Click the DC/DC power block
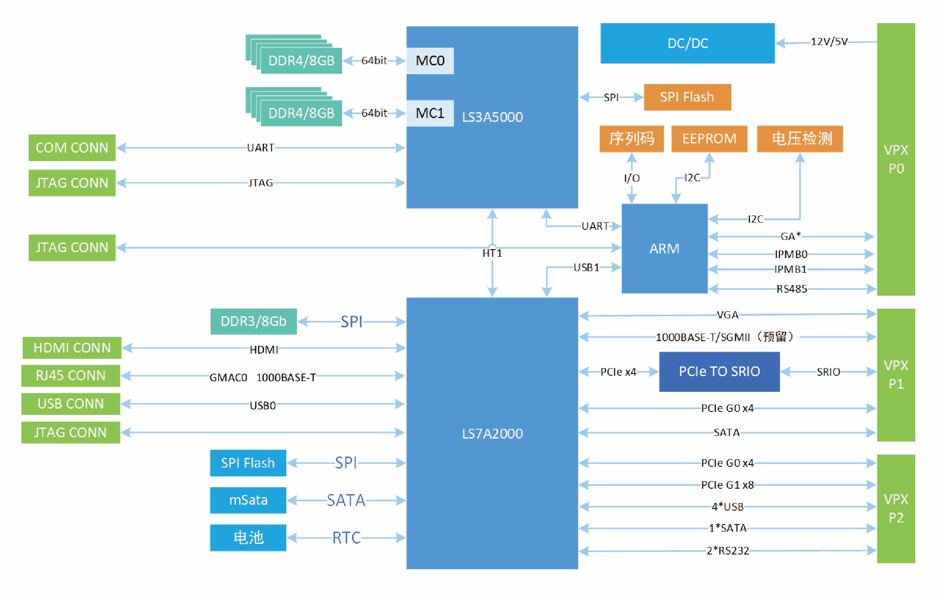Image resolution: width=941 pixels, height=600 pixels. click(687, 43)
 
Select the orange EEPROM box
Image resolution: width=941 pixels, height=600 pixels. click(709, 139)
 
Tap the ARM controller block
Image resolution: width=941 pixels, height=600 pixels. click(664, 248)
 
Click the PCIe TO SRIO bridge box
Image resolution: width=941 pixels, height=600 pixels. click(719, 371)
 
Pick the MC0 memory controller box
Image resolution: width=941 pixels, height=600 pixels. click(430, 61)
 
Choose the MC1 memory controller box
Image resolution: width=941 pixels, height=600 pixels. click(430, 113)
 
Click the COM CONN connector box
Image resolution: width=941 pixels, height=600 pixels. click(72, 148)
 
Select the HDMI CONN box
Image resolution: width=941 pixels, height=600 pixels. click(72, 348)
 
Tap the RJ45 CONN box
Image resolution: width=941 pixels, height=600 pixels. click(71, 376)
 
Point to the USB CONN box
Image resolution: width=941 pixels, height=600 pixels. click(71, 404)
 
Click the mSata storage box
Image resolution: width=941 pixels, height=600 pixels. click(248, 500)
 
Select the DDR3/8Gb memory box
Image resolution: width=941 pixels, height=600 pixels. click(254, 321)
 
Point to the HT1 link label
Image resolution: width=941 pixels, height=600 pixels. click(492, 253)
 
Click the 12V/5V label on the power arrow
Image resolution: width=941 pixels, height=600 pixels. click(829, 41)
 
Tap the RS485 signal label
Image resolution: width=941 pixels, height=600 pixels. click(791, 289)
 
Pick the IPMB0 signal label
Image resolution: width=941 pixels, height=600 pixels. click(791, 254)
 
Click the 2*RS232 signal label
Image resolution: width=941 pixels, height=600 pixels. click(727, 551)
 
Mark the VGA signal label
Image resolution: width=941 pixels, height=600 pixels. click(727, 315)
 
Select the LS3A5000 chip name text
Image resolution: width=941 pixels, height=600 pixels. click(492, 117)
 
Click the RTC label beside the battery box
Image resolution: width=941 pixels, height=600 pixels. click(346, 538)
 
